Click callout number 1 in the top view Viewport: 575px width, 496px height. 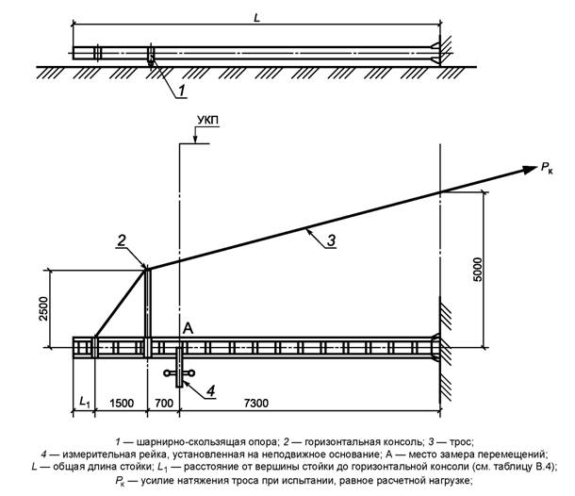click(184, 91)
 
